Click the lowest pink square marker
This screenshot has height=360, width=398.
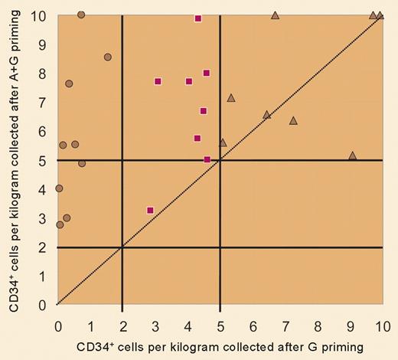[150, 210]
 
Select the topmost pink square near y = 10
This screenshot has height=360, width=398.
[198, 18]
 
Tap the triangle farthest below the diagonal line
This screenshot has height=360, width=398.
[352, 155]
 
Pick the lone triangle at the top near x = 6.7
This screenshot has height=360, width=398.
[276, 15]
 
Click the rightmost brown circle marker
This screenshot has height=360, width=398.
[108, 57]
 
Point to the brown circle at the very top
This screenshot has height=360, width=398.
[81, 15]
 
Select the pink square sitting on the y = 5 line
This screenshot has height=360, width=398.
[207, 159]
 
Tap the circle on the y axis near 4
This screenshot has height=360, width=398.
[59, 188]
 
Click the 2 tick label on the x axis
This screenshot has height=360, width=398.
[122, 325]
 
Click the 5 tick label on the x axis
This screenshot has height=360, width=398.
[220, 325]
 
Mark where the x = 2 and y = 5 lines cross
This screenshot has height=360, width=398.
[122, 160]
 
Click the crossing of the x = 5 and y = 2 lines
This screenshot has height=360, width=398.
[220, 247]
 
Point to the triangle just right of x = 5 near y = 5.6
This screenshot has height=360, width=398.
[223, 142]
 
